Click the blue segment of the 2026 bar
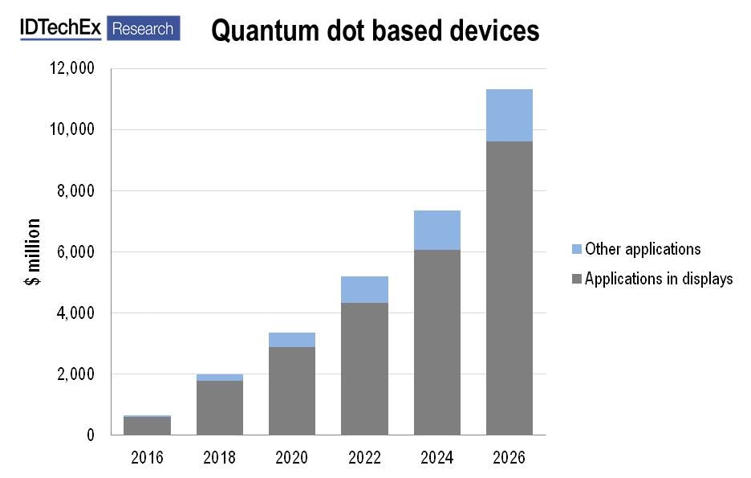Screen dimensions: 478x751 coord(509,115)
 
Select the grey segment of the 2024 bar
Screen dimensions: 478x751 coord(437,341)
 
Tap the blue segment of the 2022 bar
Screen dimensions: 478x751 coord(364,289)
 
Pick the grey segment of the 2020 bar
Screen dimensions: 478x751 coord(292,390)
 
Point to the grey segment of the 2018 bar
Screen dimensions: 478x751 coord(220,407)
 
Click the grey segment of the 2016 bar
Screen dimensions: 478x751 coord(147,426)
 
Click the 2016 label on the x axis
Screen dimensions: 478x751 coord(147,458)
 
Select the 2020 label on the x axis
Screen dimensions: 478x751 coord(292,458)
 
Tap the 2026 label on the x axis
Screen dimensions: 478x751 coord(509,458)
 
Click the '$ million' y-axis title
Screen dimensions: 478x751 coord(33,251)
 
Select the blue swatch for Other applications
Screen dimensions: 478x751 coord(575,249)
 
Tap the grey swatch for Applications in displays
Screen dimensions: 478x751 coord(575,280)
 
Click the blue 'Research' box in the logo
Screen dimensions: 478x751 coord(143,28)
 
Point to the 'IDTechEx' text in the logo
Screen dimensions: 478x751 coord(61,28)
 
